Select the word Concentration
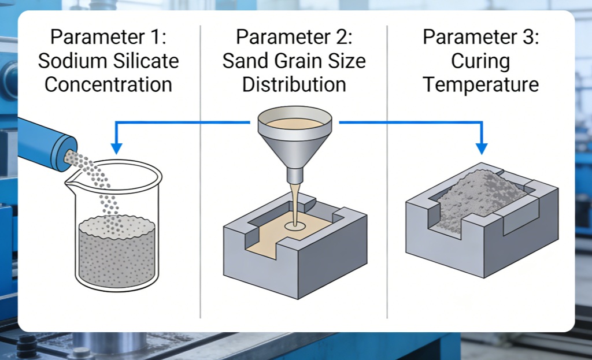pyautogui.click(x=108, y=84)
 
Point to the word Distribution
pyautogui.click(x=294, y=84)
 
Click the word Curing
pyautogui.click(x=481, y=61)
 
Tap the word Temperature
pyautogui.click(x=481, y=84)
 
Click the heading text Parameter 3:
pyautogui.click(x=481, y=37)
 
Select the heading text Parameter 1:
pyautogui.click(x=108, y=37)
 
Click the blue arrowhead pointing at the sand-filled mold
pyautogui.click(x=481, y=149)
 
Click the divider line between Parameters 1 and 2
pyautogui.click(x=200, y=173)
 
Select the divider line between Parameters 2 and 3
pyautogui.click(x=387, y=173)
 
